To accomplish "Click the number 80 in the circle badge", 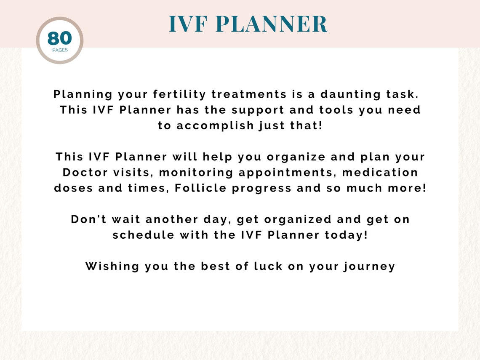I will pos(59,38).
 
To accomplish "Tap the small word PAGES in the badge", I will pos(60,50).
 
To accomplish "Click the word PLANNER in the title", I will pos(272,24).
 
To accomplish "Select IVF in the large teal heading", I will pos(189,24).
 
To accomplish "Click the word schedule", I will pos(143,235).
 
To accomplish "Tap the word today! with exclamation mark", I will pos(346,235).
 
